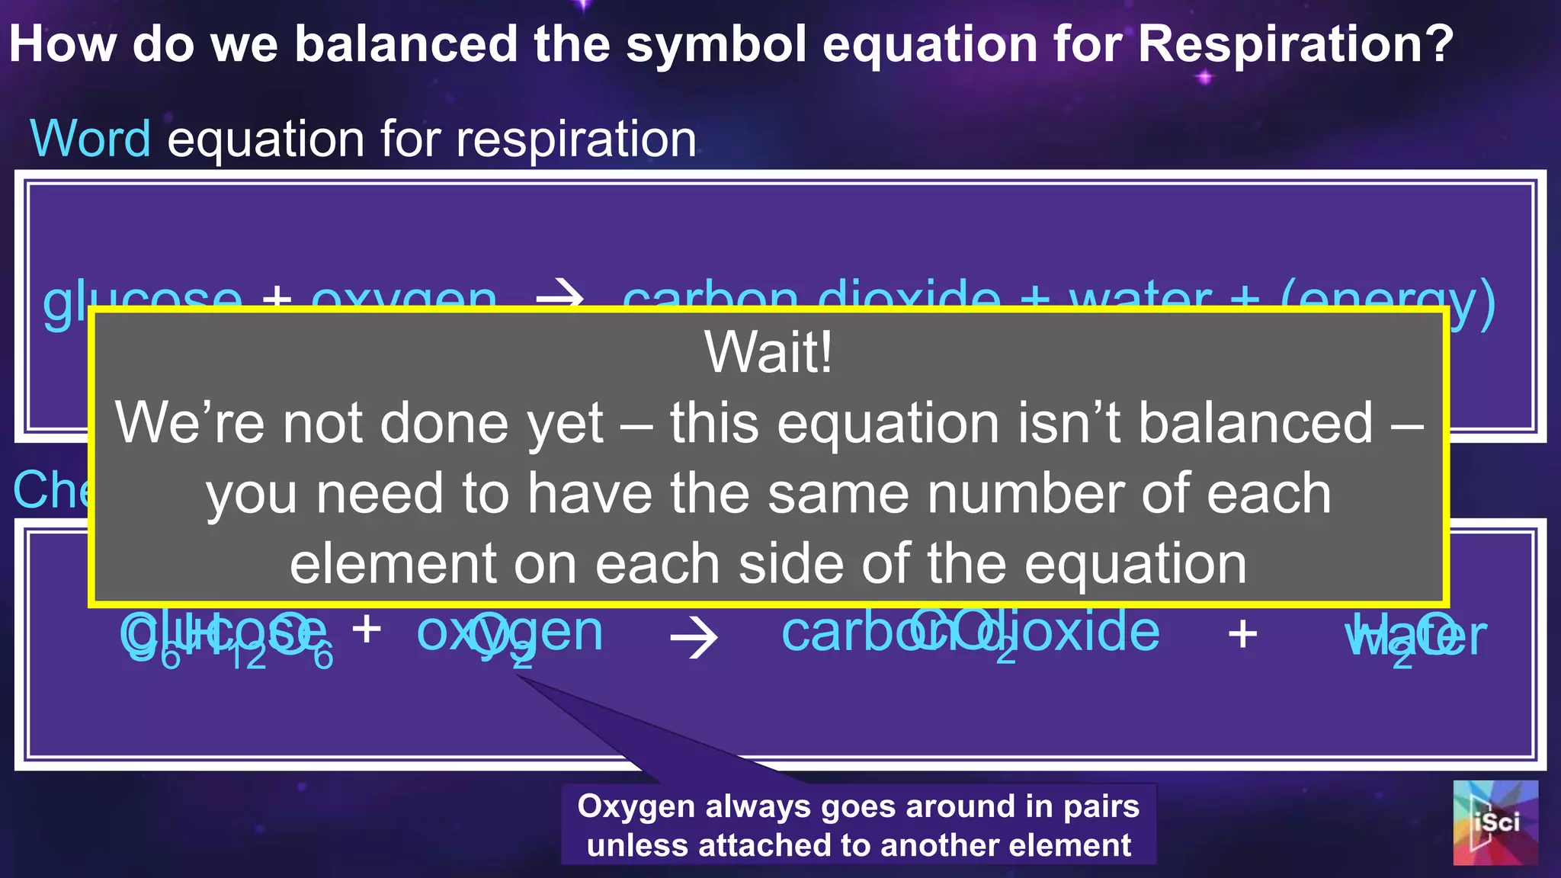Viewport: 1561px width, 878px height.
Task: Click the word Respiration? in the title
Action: tap(1296, 44)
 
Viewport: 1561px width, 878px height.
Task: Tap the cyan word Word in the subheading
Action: tap(90, 139)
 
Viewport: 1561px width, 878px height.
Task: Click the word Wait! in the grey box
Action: tap(768, 352)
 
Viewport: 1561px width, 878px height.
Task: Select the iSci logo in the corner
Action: tap(1495, 822)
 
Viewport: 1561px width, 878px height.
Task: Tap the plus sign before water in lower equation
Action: tap(1242, 634)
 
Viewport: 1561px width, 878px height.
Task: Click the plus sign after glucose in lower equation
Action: tap(367, 630)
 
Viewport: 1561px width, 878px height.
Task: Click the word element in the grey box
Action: tap(393, 565)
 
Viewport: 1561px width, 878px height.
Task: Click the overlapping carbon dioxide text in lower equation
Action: tap(970, 633)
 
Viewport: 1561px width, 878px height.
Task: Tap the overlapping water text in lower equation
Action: tap(1415, 636)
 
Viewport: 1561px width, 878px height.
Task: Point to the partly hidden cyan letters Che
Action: tap(50, 489)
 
